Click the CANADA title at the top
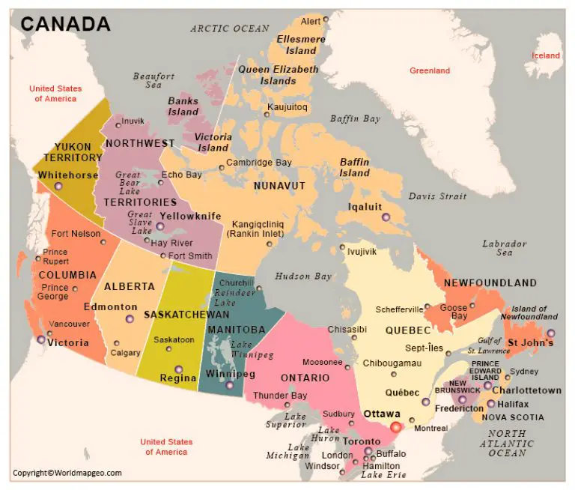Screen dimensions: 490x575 [x=65, y=23]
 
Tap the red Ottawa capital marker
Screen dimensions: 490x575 [x=396, y=426]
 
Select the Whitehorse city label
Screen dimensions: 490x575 [x=68, y=175]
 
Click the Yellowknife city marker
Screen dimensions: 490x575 [x=159, y=226]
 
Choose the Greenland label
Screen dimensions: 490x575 [x=430, y=70]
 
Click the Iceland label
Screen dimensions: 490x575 [x=545, y=55]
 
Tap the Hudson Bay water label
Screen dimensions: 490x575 [x=302, y=276]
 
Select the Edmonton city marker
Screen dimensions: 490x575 [x=130, y=319]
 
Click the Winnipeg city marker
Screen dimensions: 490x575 [x=229, y=385]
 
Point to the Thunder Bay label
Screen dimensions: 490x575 [x=280, y=396]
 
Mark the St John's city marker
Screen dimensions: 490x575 [x=551, y=333]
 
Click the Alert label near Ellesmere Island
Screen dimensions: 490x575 [x=310, y=20]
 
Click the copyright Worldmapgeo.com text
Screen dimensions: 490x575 [x=67, y=473]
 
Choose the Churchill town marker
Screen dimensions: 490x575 [x=259, y=288]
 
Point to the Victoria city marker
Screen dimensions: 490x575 [x=41, y=339]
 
